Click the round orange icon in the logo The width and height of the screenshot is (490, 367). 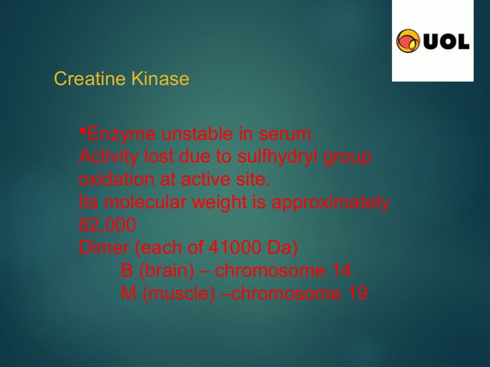coord(408,41)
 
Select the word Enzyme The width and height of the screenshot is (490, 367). coord(122,135)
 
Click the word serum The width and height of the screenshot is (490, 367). coord(285,135)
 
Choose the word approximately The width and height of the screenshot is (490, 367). coord(330,203)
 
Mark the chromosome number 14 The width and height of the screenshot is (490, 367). coord(341,271)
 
